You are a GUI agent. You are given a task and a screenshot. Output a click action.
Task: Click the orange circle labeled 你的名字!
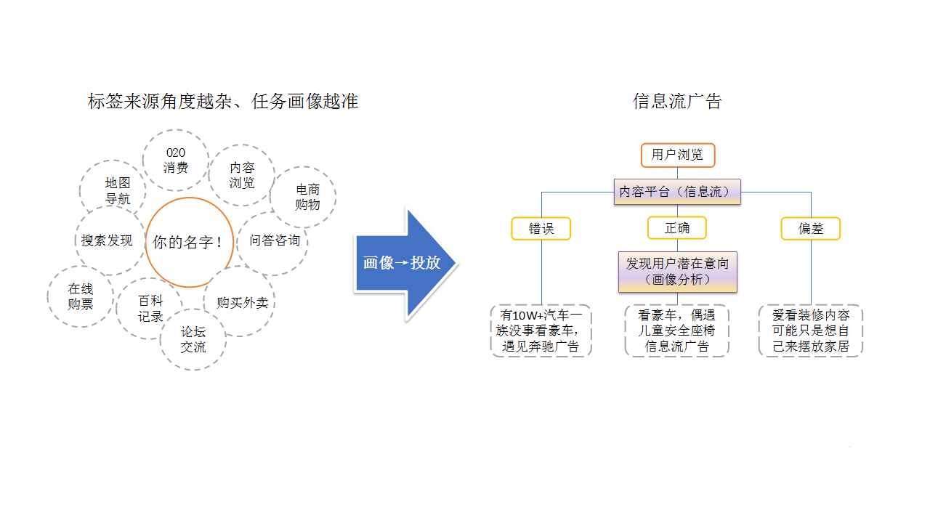190,243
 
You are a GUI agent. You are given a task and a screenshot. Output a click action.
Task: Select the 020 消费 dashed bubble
176,161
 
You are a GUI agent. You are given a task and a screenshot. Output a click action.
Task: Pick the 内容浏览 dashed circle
242,175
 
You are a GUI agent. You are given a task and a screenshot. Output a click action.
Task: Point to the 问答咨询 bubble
274,240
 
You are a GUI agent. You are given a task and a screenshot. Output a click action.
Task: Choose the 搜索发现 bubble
108,240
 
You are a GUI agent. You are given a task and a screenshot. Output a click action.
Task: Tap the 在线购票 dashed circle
81,296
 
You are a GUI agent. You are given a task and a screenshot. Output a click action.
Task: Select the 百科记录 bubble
150,308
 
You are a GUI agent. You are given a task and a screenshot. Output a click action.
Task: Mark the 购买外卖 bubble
243,302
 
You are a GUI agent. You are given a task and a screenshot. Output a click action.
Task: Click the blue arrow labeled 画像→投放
404,263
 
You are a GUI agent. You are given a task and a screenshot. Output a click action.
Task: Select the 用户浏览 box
677,155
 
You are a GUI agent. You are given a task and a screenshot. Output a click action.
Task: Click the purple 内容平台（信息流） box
677,192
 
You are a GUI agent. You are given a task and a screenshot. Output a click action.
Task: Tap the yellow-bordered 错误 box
541,228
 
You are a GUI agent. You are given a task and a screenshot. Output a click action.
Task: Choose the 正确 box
677,228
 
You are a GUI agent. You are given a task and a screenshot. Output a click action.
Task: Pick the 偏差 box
811,228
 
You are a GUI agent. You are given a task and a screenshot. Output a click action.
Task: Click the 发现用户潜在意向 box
677,272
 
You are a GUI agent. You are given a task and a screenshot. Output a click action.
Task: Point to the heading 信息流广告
677,102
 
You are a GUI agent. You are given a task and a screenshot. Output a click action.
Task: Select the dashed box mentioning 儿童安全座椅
677,331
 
